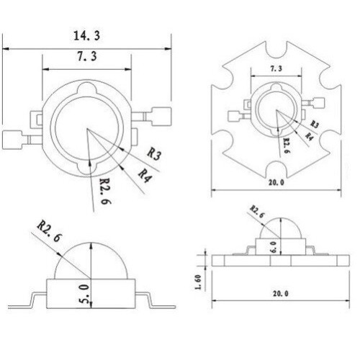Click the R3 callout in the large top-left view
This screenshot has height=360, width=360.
pyautogui.click(x=153, y=153)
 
